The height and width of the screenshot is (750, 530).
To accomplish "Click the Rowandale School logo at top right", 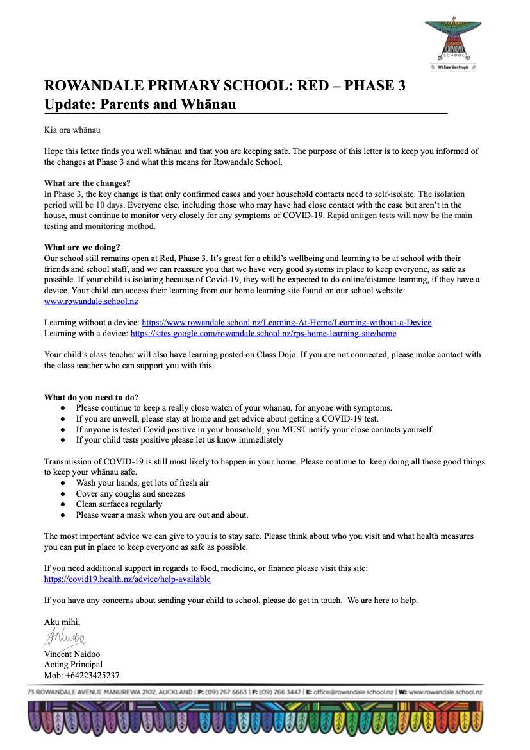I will point(452,44).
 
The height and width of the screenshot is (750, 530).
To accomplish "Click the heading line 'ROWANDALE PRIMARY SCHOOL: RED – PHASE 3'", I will point(224,85).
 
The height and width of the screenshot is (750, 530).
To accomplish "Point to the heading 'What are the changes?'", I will point(87,183).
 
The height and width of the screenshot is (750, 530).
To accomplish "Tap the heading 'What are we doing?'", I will point(82,248).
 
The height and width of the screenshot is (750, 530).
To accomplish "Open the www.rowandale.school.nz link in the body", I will point(91,301).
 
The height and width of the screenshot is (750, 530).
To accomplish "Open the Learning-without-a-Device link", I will point(286,322).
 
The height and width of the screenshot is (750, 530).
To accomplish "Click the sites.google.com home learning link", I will point(263,333).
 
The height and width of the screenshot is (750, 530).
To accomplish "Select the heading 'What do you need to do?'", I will point(92,397).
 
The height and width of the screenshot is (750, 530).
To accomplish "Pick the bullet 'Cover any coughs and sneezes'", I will point(130,493).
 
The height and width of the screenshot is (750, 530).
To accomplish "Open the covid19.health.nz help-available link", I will point(127,579).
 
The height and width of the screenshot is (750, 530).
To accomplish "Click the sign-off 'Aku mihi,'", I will point(62,622).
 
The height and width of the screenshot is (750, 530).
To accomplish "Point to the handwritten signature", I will point(65,637).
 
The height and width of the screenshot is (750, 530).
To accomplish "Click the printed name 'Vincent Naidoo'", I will point(71,654).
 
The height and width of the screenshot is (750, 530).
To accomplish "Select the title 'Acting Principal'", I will point(73,664).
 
